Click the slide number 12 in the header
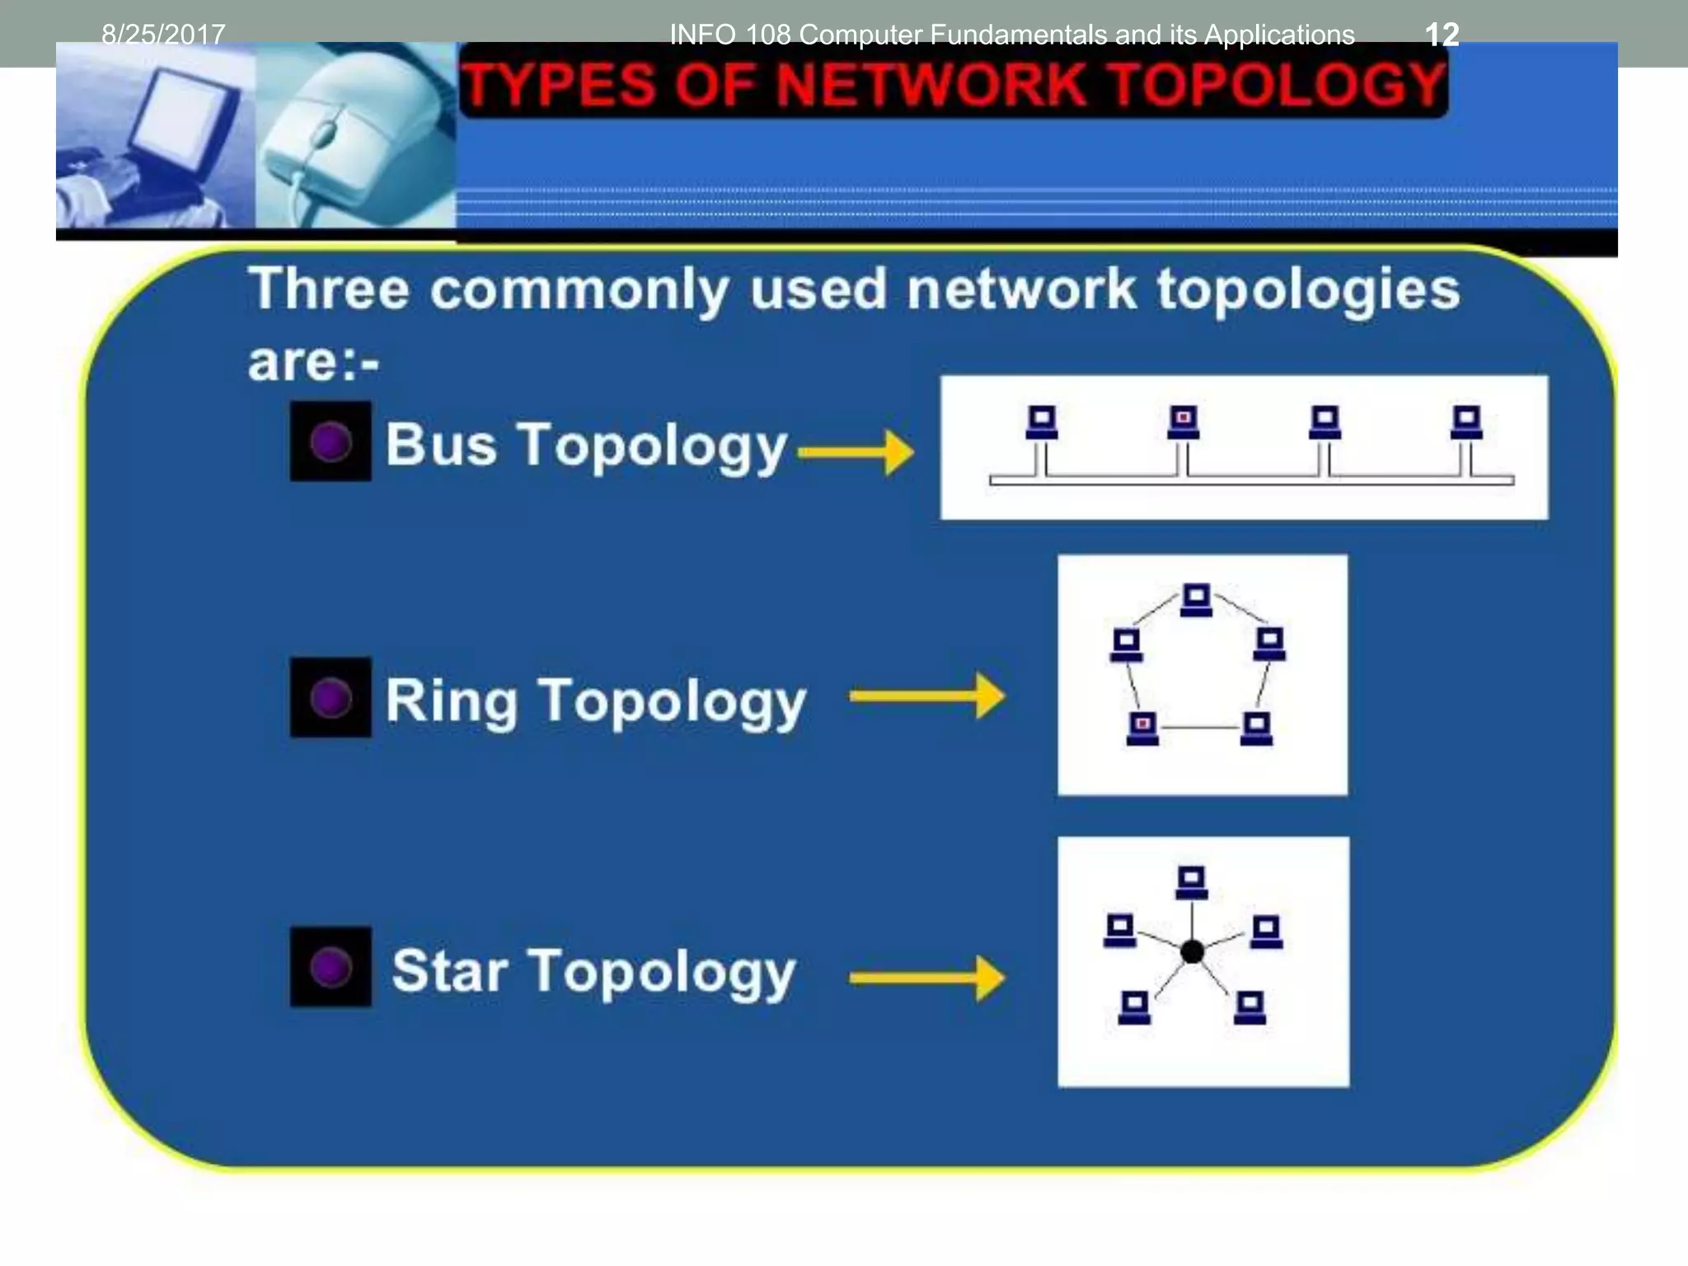[1442, 35]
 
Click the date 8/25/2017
[163, 35]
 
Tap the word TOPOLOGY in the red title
[1274, 85]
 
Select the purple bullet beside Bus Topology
[331, 442]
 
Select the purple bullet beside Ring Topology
[331, 698]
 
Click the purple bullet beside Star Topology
[331, 967]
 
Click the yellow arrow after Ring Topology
[926, 696]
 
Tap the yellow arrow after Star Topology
[926, 978]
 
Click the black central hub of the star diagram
[1192, 952]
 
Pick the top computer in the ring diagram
[1196, 600]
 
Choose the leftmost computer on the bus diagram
[1042, 423]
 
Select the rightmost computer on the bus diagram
[1466, 423]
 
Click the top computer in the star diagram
[1191, 883]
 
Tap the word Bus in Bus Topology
[441, 445]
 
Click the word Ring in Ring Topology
[452, 701]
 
